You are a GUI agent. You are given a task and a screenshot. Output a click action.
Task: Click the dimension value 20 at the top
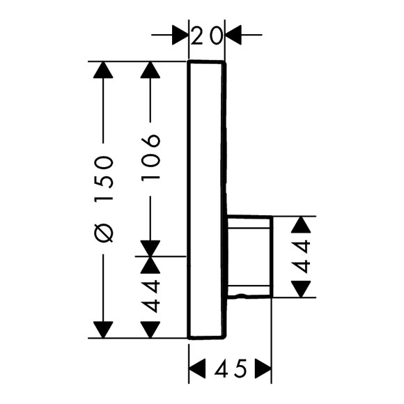(x=206, y=36)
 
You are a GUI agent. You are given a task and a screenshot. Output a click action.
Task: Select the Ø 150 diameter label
(x=103, y=199)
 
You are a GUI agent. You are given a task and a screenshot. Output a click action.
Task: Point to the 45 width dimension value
(x=231, y=368)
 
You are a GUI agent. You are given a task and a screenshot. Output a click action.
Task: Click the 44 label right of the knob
(x=301, y=256)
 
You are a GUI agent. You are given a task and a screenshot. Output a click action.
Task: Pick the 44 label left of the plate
(x=150, y=296)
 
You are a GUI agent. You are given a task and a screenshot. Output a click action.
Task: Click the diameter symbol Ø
(x=103, y=233)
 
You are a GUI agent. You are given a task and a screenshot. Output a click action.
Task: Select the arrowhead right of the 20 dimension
(x=233, y=35)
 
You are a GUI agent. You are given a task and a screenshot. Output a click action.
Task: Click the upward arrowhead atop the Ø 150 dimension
(x=103, y=70)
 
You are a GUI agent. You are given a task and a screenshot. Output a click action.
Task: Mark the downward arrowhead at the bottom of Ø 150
(x=103, y=329)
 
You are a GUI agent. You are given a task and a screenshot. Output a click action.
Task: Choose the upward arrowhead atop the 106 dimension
(x=150, y=70)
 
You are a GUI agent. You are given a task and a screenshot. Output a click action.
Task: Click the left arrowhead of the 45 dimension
(x=197, y=368)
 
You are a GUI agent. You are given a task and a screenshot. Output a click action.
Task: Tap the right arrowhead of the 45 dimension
(x=263, y=368)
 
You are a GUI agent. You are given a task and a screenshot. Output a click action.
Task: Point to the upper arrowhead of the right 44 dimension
(x=301, y=225)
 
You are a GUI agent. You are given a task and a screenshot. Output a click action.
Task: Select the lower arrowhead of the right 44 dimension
(x=301, y=289)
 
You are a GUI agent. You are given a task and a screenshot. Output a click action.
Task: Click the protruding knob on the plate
(x=249, y=257)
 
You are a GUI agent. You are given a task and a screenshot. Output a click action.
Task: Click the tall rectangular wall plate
(x=207, y=200)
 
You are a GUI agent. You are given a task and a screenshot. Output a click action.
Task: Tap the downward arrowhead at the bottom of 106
(x=150, y=249)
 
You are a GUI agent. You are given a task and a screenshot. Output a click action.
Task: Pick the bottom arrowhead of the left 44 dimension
(x=150, y=329)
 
